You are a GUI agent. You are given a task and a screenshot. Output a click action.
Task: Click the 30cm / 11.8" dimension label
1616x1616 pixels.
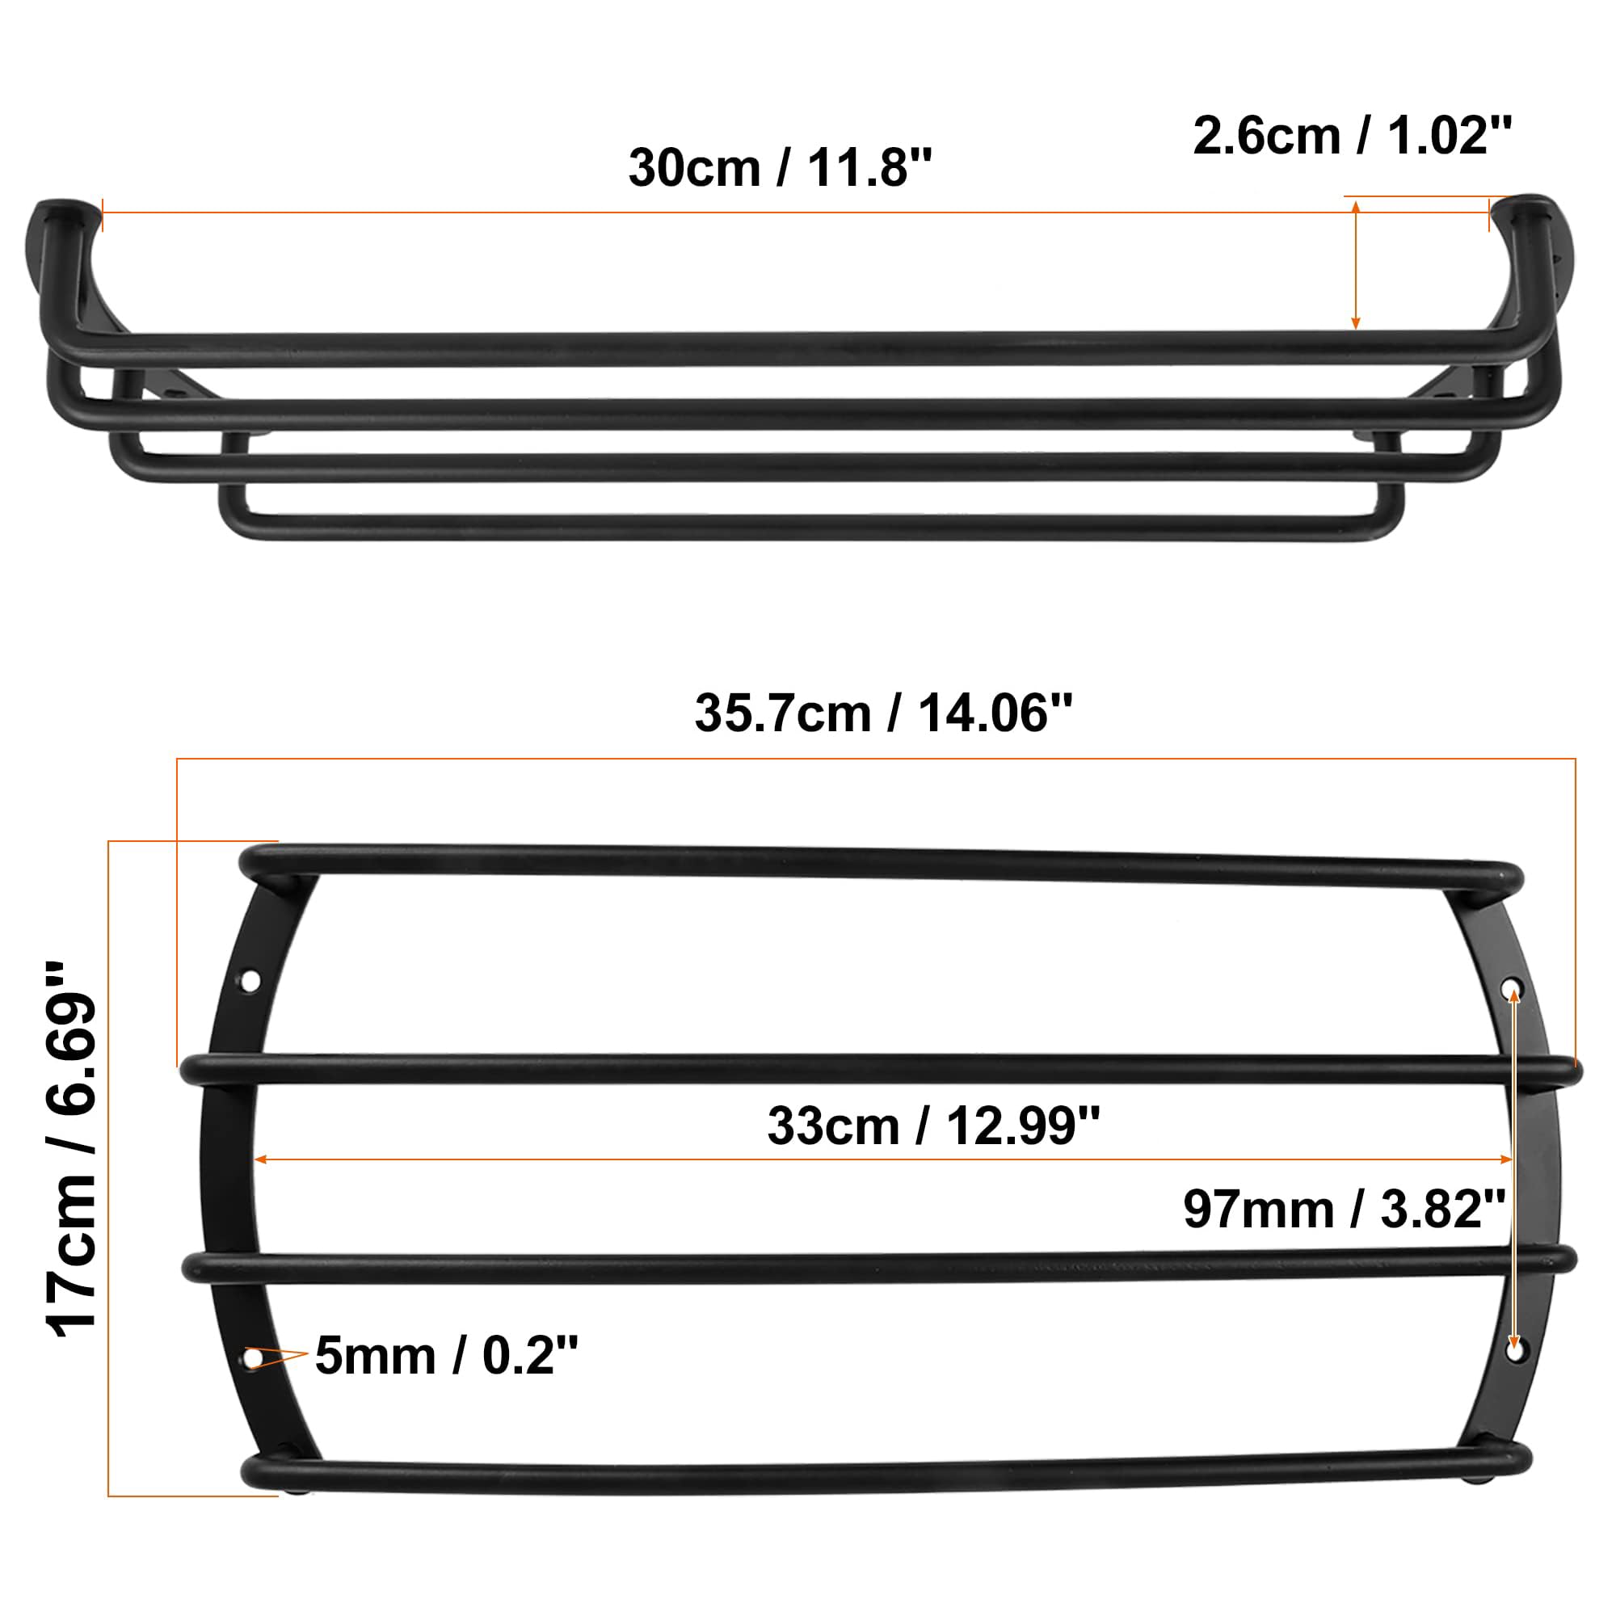click(780, 168)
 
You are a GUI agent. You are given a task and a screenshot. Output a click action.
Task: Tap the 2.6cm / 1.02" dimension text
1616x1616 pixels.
click(1353, 136)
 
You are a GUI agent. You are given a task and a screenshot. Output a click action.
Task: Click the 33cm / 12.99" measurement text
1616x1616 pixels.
click(933, 1126)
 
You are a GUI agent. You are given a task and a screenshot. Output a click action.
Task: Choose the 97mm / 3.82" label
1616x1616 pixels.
click(1345, 1209)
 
